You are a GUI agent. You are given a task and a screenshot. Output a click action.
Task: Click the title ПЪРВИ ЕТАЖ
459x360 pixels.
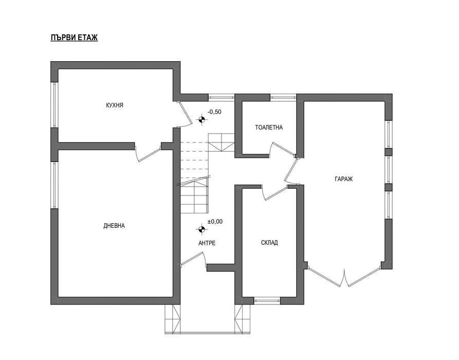74,38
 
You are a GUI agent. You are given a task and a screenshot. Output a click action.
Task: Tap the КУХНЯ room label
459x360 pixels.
115,105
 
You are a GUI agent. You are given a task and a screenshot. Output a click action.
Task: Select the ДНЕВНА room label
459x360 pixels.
114,226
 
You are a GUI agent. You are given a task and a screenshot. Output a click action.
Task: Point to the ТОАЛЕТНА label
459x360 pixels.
269,128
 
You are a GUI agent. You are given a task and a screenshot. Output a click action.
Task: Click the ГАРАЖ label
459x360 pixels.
344,178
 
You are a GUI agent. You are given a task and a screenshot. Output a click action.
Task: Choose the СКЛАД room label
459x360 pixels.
269,243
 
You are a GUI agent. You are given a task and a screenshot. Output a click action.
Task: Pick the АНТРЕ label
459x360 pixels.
207,243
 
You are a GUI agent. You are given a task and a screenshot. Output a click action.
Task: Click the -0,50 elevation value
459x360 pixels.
214,112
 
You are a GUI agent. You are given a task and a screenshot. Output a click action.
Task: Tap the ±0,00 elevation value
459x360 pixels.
215,222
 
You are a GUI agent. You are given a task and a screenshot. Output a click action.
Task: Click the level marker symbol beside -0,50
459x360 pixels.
201,119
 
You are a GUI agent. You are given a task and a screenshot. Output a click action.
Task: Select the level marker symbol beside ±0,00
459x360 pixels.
201,230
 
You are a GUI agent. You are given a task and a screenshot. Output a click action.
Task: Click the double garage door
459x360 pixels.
344,275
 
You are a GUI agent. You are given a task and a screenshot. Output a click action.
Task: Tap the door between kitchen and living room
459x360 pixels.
148,152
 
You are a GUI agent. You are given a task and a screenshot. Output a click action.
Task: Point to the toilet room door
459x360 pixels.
283,149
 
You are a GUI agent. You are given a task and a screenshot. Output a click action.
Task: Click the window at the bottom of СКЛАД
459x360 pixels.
267,300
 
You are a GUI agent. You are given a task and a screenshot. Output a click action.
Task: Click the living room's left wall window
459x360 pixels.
54,185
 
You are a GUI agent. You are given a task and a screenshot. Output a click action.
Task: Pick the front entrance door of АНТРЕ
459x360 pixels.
193,259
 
